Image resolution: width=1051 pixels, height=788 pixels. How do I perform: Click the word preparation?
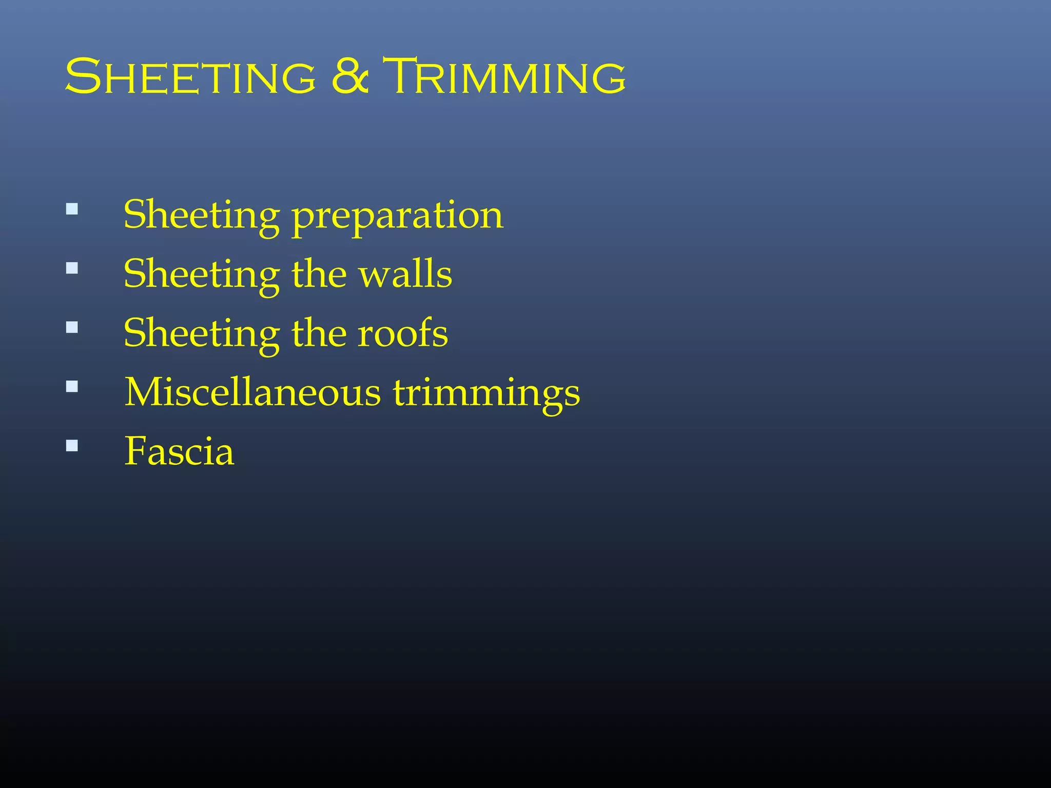point(398,215)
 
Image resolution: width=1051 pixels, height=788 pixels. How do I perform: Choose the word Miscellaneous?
point(252,392)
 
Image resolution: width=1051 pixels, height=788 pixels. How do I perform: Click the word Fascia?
point(179,451)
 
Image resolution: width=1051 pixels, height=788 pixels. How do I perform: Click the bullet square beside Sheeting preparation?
point(72,209)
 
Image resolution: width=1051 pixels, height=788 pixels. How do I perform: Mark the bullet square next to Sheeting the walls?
point(72,268)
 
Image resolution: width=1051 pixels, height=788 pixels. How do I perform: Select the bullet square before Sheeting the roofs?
point(72,327)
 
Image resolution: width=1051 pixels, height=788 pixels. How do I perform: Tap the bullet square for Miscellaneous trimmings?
point(72,386)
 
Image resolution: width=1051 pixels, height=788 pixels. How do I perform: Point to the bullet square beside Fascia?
point(72,445)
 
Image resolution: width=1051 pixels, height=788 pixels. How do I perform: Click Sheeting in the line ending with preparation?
point(202,215)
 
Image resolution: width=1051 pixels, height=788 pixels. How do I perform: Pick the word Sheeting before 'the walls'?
point(202,274)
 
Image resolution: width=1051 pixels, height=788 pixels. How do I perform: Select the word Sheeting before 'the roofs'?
point(202,333)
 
